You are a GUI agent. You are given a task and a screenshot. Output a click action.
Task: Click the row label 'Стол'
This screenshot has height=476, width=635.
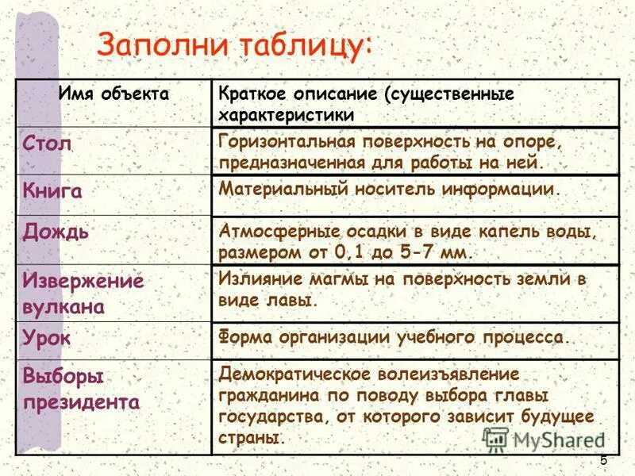(48, 143)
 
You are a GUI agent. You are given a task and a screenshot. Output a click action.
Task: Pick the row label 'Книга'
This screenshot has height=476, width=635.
(52, 191)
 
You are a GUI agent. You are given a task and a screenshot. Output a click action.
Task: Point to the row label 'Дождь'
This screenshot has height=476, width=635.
(56, 232)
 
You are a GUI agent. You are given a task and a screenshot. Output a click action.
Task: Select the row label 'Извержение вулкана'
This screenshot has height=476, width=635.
(83, 294)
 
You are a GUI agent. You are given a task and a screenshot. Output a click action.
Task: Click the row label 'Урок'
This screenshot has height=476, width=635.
(47, 337)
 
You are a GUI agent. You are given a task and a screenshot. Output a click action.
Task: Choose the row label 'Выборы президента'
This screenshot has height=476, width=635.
(81, 388)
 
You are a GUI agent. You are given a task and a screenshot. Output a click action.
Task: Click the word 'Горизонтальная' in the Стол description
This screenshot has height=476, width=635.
(286, 143)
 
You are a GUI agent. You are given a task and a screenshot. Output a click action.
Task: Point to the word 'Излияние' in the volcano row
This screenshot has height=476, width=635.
(255, 280)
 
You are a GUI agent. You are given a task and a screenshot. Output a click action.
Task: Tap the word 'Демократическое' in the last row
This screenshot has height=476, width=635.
(290, 373)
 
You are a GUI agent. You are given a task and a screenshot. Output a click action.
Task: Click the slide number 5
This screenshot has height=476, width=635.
(603, 461)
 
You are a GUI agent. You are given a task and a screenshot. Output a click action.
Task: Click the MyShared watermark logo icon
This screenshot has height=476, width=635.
(495, 439)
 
